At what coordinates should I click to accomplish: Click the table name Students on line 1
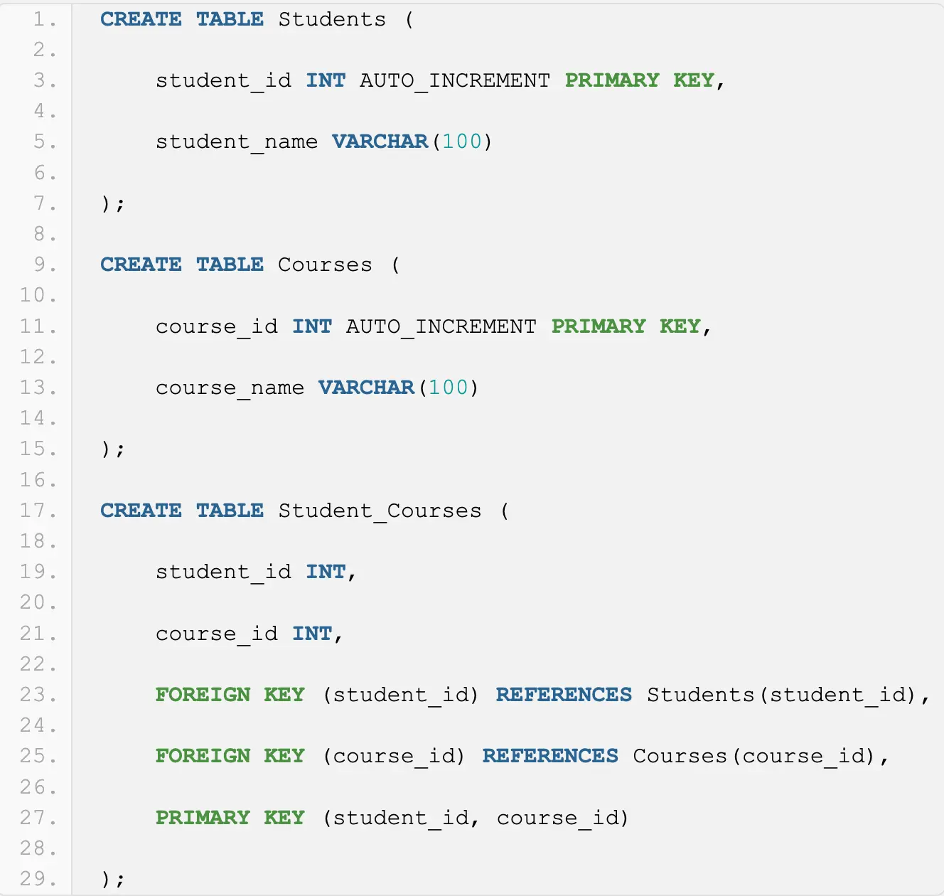coord(331,19)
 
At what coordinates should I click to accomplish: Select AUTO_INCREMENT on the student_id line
coord(454,80)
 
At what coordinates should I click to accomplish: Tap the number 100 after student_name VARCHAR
coord(462,142)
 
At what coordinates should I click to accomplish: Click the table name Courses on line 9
coord(325,265)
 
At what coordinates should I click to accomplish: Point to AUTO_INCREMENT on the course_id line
coord(441,326)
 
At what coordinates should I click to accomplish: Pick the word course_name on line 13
coord(230,388)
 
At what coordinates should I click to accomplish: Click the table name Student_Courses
coord(380,511)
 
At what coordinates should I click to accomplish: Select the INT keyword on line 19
coord(326,572)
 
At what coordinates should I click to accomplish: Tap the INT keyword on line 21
coord(312,634)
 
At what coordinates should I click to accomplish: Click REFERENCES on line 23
coord(564,695)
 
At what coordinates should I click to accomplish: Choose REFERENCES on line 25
coord(550,756)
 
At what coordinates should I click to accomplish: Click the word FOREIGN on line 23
coord(203,695)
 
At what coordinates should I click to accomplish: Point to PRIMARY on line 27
coord(203,818)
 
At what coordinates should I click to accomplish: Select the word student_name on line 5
coord(237,142)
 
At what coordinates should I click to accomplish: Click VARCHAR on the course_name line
coord(366,388)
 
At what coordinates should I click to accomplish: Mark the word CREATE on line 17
coord(141,511)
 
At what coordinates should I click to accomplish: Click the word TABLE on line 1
coord(230,19)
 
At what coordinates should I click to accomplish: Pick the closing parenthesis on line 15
coord(106,449)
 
